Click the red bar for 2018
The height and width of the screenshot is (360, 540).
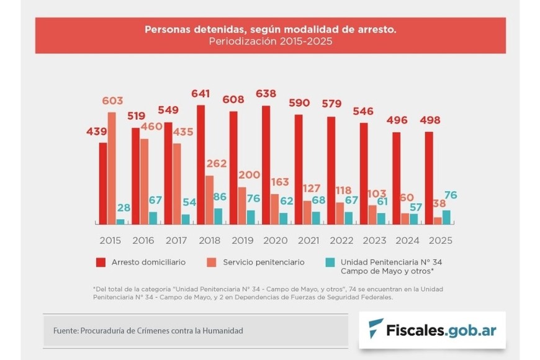(x=200, y=164)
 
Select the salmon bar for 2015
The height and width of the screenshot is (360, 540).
(x=112, y=168)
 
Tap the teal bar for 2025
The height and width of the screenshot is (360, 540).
(x=446, y=217)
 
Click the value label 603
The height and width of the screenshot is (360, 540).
(x=112, y=101)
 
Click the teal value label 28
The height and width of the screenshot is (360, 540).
(x=125, y=207)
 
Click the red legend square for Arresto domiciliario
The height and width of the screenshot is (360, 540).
(x=101, y=263)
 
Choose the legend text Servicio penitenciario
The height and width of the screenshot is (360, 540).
(x=268, y=262)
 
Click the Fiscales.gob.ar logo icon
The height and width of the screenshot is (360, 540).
(x=376, y=328)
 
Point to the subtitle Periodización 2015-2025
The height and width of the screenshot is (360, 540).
(x=270, y=42)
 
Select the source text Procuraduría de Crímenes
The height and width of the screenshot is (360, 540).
(x=161, y=331)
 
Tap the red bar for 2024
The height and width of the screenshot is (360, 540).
(x=397, y=178)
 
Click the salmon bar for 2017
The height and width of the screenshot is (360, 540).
(x=177, y=183)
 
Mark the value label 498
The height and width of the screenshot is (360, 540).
(x=431, y=120)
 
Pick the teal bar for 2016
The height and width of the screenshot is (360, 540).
(x=153, y=217)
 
